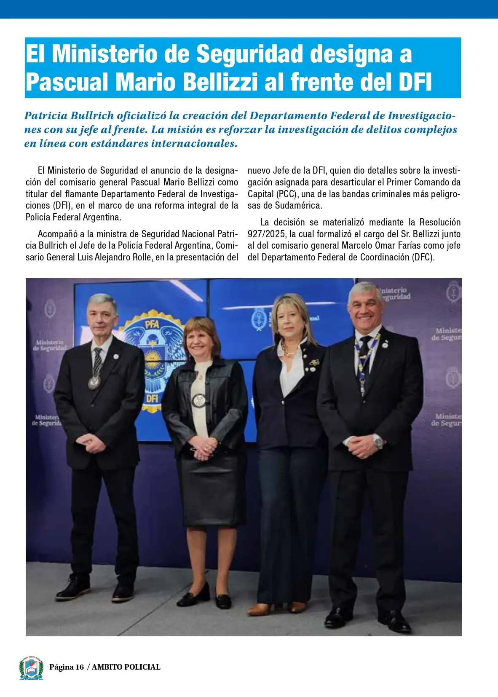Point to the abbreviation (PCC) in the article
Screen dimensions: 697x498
[286, 194]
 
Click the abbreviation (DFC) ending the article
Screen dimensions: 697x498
[423, 257]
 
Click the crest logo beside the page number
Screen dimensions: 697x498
[31, 668]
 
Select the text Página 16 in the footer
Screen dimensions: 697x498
[67, 667]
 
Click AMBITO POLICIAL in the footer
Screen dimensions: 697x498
[126, 667]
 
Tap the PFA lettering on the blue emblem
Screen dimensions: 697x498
[152, 324]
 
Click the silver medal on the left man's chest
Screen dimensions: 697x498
[94, 383]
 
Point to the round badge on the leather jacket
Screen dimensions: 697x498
[199, 400]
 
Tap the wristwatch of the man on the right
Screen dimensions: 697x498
[378, 441]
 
